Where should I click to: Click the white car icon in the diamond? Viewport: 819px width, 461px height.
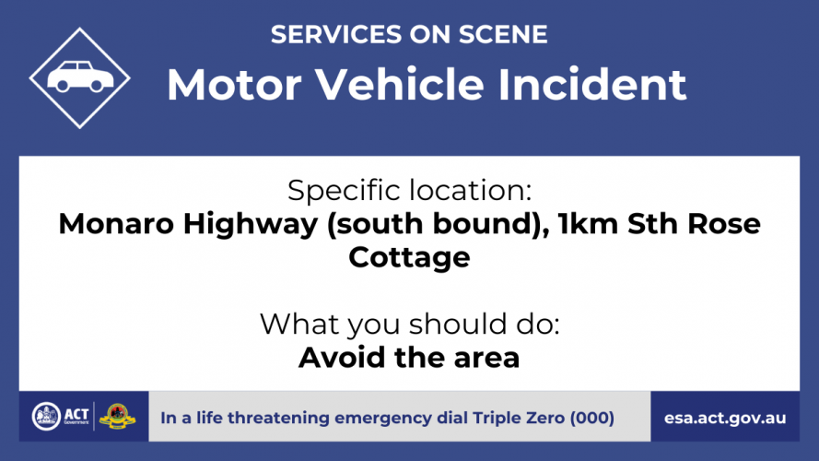coord(80,77)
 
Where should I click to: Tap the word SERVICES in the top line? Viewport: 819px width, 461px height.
coord(336,34)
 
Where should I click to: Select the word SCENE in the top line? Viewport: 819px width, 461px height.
coord(503,34)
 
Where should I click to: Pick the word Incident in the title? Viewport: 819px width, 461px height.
coord(592,84)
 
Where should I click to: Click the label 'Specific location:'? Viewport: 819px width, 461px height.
coord(409,190)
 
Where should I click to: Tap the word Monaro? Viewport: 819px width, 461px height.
coord(116,224)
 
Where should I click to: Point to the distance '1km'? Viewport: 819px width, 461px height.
coord(588,224)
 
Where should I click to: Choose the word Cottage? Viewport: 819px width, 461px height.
coord(409,258)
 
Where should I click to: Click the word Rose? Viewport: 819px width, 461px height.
coord(724,224)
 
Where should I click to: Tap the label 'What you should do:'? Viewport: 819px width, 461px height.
coord(409,325)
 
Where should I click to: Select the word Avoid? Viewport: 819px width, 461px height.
coord(342,358)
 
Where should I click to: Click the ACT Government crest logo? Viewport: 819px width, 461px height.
coord(46,417)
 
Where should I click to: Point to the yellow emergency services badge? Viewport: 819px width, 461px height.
coord(117,417)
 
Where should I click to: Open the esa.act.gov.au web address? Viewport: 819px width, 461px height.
coord(725,419)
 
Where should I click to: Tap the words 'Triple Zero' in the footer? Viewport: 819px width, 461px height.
coord(519,419)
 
